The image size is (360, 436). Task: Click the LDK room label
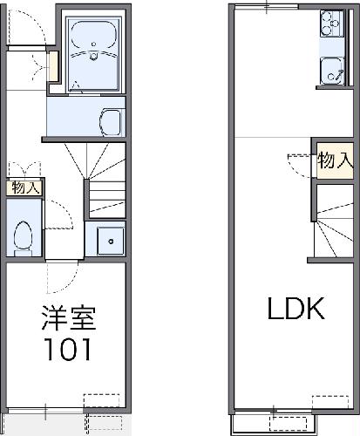click(295, 310)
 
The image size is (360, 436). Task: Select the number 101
click(65, 350)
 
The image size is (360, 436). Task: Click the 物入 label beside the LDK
click(335, 160)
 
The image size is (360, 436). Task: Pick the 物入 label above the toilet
click(24, 187)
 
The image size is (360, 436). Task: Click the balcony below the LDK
click(295, 422)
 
